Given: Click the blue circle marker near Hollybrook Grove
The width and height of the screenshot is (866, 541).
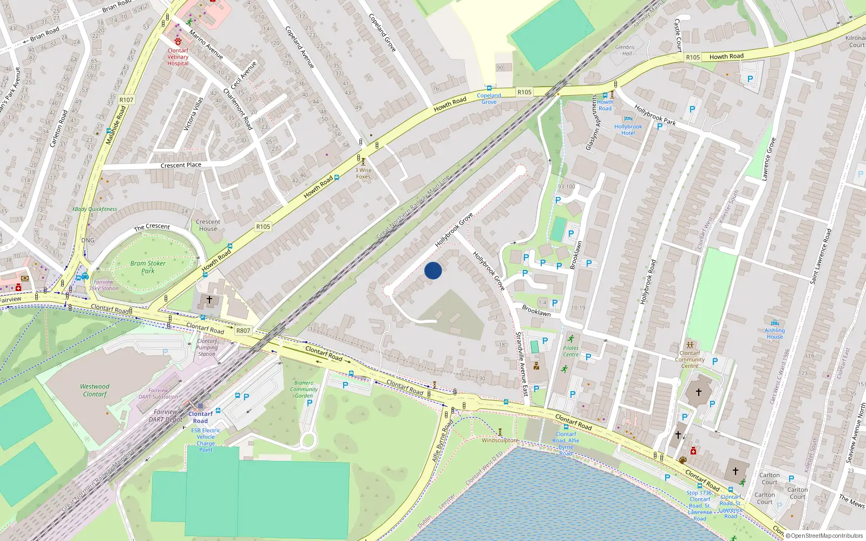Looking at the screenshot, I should (433, 270).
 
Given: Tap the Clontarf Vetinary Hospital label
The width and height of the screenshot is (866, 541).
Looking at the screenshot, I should (178, 57).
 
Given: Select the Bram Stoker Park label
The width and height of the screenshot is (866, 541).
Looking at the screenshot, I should (148, 267).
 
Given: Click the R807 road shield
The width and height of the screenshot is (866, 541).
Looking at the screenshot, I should (244, 331).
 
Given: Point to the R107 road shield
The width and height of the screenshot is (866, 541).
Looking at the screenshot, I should (126, 100).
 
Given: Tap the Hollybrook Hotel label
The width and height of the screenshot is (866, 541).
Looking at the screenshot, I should (628, 130).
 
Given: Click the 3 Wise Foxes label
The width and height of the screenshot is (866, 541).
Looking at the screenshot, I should (363, 173).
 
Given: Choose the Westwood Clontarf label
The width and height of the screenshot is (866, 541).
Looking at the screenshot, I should (95, 390).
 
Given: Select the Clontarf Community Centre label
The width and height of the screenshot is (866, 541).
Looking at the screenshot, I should (690, 359).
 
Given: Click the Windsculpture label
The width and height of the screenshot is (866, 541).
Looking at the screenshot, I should (500, 440).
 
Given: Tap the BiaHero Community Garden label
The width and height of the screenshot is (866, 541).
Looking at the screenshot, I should (304, 389).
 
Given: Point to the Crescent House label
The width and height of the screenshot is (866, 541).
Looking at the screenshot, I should (208, 225).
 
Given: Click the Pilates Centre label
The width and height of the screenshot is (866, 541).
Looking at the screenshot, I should (570, 351).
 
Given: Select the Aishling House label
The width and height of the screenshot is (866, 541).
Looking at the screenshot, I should (775, 333).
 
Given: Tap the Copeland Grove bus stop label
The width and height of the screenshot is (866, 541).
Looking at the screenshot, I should (489, 98).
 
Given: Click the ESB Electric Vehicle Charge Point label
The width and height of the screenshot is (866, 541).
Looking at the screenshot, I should (206, 440).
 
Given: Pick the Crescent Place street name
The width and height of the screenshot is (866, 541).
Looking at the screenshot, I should (181, 165).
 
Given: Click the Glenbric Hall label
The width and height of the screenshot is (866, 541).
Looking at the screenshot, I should (625, 50).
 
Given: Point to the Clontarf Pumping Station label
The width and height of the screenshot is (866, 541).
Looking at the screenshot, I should (207, 347).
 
